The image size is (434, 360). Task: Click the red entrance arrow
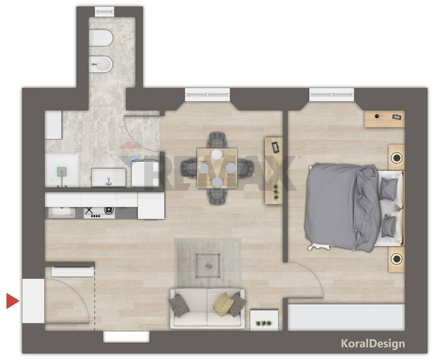click(x=12, y=301)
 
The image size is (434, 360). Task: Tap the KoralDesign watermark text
click(x=373, y=343)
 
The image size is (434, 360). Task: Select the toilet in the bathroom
click(x=101, y=38)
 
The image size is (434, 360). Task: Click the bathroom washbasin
click(x=108, y=178)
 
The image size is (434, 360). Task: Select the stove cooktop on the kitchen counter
click(x=99, y=212)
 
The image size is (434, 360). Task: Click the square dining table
click(x=217, y=168)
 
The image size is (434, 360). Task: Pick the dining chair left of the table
click(x=189, y=168)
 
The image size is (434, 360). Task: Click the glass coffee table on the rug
click(x=208, y=266)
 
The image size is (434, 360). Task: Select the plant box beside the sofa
click(x=264, y=320)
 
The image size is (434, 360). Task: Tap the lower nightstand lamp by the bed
click(x=397, y=258)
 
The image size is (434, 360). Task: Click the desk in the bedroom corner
click(x=385, y=119)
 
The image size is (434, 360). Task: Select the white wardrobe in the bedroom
click(x=346, y=317)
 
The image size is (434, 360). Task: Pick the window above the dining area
click(x=207, y=94)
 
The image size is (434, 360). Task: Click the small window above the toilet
click(x=104, y=10)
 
